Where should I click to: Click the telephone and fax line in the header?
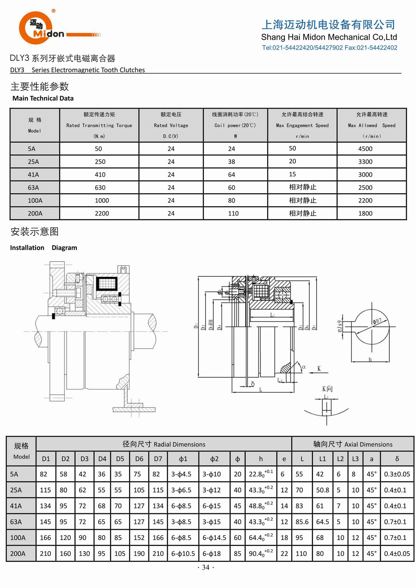[329, 48]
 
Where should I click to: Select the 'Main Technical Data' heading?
[43, 98]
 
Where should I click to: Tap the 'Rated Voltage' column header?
[171, 125]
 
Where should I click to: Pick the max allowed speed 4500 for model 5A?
[365, 149]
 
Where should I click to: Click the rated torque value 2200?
[102, 213]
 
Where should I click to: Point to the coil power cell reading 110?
[233, 213]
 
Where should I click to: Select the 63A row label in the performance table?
[33, 188]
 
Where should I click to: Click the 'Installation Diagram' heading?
[43, 248]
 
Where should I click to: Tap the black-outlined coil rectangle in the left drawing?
[107, 283]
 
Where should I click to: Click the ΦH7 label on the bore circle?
[377, 321]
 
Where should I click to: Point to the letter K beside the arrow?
[319, 368]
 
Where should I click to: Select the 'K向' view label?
[327, 388]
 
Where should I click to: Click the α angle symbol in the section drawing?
[304, 367]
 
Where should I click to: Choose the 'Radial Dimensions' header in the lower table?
[164, 444]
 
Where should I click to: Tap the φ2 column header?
[214, 459]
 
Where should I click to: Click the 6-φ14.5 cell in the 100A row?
[214, 538]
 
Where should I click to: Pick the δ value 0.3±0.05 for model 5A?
[397, 474]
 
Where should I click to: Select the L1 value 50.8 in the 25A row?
[323, 490]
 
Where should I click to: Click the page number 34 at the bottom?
[206, 567]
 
